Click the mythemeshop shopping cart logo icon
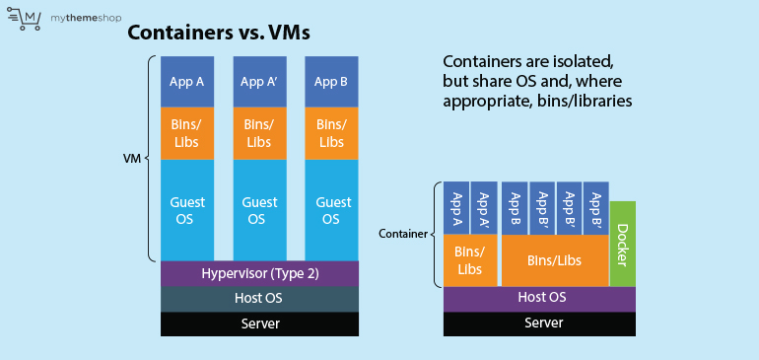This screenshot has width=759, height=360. (x=28, y=18)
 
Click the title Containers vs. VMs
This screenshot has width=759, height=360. (x=219, y=33)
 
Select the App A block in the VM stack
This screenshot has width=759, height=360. (x=187, y=82)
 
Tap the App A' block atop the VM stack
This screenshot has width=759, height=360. (x=258, y=82)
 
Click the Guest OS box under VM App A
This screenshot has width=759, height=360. (x=187, y=209)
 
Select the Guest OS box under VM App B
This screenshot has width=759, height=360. (x=332, y=209)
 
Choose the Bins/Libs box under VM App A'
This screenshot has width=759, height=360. (x=258, y=133)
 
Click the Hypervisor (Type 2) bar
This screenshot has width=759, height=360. (x=260, y=272)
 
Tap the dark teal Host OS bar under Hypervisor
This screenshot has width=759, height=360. (x=260, y=298)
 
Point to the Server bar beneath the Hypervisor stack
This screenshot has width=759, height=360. (x=260, y=324)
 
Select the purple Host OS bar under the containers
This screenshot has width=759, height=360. (x=541, y=297)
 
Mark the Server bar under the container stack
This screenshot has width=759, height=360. (x=541, y=324)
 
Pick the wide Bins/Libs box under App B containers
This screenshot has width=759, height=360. (x=554, y=260)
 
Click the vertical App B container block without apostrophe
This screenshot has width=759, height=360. (x=515, y=209)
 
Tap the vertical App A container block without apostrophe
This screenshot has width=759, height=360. (x=456, y=209)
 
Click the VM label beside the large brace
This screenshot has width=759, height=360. (x=129, y=157)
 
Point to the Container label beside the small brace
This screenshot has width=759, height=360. (x=403, y=234)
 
